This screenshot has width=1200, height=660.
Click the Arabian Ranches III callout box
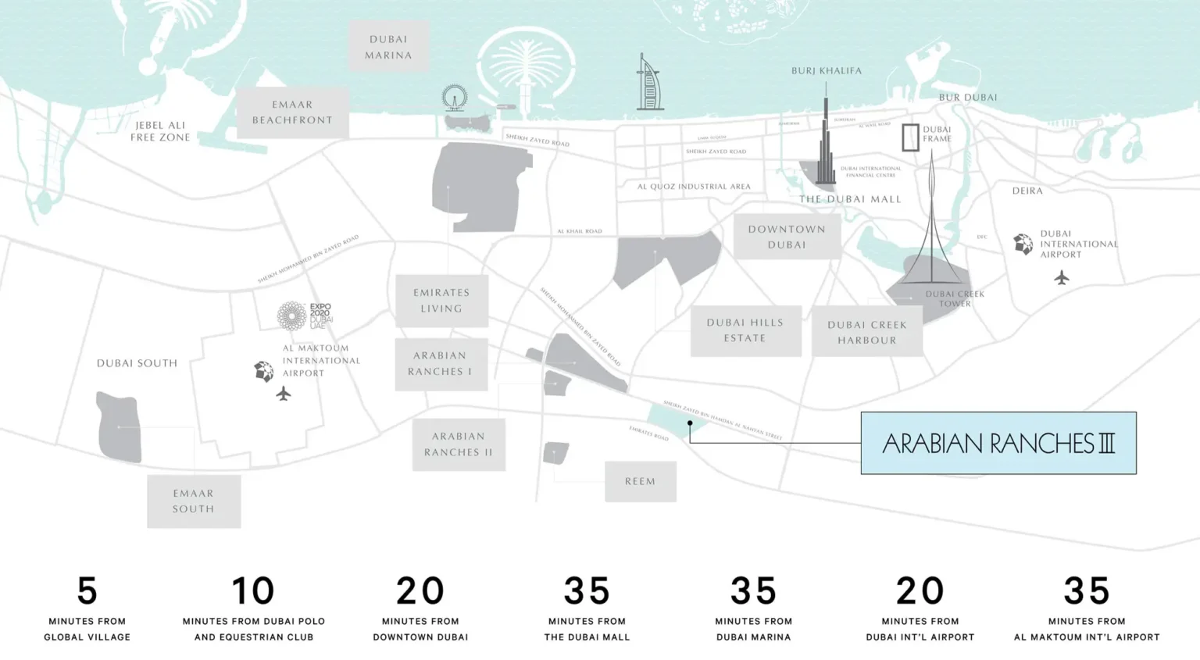point(998,443)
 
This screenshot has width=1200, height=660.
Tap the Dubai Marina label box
point(388,47)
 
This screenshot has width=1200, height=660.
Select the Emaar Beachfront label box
point(292,112)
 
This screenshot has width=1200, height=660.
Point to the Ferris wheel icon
point(454,98)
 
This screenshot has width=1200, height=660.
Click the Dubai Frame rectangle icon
point(910,137)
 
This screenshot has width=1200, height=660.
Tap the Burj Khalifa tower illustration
point(825,144)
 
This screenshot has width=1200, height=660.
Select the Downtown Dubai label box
point(787,237)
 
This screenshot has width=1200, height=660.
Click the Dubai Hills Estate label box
point(745,330)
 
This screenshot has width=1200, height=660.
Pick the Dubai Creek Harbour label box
point(867,332)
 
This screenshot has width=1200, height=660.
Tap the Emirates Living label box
point(441,301)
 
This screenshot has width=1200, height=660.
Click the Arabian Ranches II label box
point(459,444)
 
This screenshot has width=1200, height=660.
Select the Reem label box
point(640,481)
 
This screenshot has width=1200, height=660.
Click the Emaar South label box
point(194,501)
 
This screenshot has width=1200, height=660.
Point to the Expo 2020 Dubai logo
point(304,316)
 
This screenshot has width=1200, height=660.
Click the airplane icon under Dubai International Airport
point(1061,277)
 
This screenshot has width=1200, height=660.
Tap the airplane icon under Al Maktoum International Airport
point(284,394)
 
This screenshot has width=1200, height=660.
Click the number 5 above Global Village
point(87,590)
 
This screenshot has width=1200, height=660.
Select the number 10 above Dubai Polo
point(253,590)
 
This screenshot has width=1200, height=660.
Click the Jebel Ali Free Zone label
point(160,131)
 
